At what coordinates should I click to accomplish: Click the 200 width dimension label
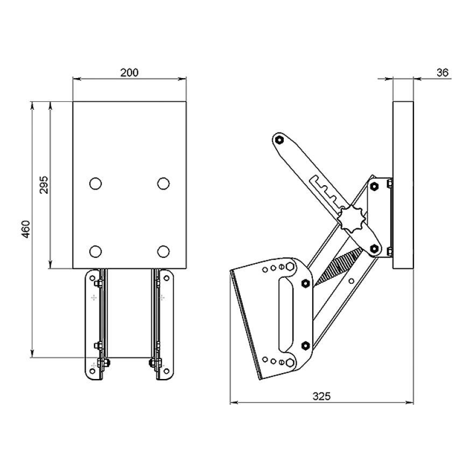(x=129, y=72)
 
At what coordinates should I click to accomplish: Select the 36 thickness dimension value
(x=443, y=72)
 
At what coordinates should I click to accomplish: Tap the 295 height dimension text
(x=44, y=185)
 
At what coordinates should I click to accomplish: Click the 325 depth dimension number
(x=321, y=396)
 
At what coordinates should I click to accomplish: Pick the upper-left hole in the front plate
(x=95, y=184)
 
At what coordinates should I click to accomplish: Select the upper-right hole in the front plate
(x=164, y=184)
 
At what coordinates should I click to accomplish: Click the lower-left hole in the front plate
(x=95, y=251)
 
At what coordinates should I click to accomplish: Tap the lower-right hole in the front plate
(x=164, y=251)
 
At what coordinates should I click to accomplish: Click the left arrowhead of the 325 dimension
(x=233, y=402)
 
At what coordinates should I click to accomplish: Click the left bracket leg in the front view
(x=96, y=325)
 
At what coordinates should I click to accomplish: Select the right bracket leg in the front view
(x=163, y=325)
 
